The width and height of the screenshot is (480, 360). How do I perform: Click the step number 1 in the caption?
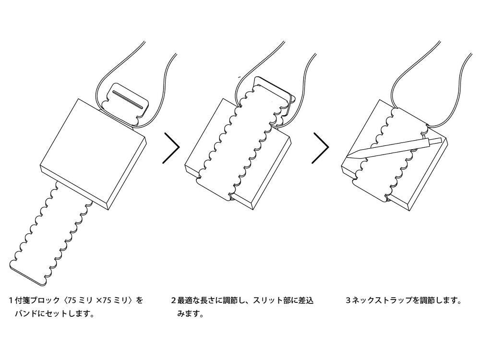click(11, 301)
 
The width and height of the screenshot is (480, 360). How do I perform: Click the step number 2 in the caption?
click(173, 301)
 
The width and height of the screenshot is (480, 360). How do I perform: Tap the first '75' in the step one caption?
click(72, 301)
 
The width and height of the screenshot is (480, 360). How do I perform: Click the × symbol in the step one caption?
click(99, 301)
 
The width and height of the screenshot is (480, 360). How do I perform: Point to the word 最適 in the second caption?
click(185, 301)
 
